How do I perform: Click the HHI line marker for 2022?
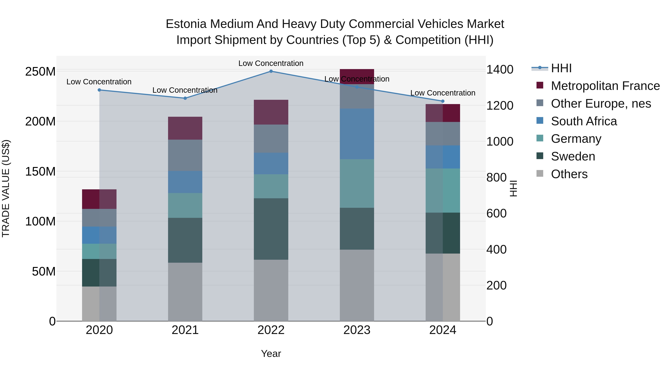point(271,71)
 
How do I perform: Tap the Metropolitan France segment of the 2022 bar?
point(271,112)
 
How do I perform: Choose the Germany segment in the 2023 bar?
point(357,183)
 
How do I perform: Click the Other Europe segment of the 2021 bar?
point(185,155)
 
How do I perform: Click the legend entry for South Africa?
point(584,121)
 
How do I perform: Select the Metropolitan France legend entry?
point(605,86)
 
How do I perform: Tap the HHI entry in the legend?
point(561,68)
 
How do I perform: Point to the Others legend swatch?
point(540,174)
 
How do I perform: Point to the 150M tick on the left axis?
point(40,171)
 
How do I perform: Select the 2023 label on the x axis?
point(357,330)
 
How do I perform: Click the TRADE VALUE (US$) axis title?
point(6,188)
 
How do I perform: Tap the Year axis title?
point(271,354)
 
